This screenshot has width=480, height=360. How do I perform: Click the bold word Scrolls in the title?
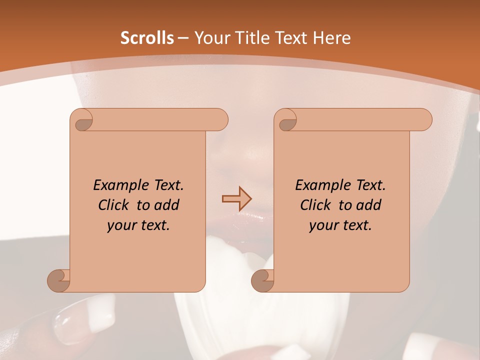click(147, 38)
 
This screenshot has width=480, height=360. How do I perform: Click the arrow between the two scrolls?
click(236, 198)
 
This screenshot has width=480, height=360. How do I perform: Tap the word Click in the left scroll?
click(115, 205)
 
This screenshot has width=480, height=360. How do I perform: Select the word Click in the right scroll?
click(317, 205)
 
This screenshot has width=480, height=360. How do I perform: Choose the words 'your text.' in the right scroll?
click(340, 225)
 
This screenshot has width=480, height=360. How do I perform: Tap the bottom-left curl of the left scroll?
click(59, 279)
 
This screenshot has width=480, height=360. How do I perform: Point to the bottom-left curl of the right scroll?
click(262, 279)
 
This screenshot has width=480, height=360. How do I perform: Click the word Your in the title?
click(210, 38)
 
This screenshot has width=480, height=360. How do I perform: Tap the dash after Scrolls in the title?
click(183, 38)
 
